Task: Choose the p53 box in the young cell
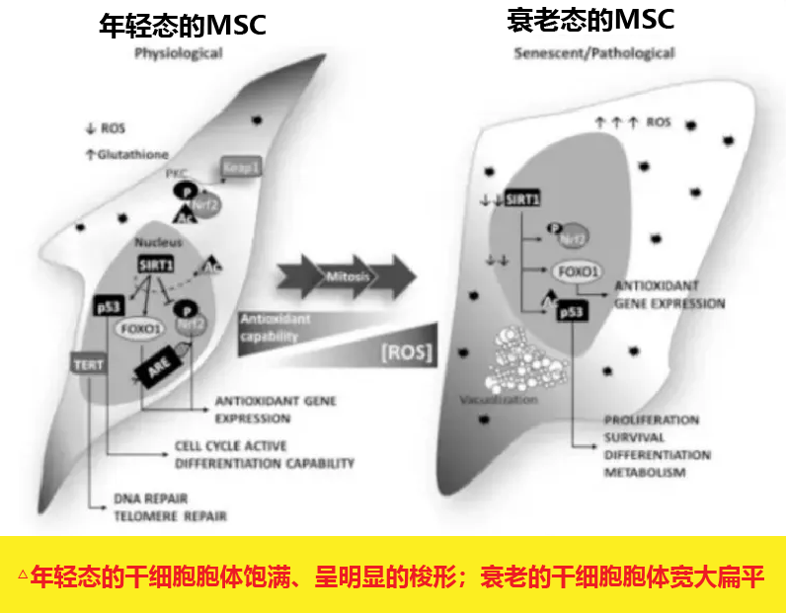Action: [x=108, y=307]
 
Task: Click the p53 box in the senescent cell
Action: [x=572, y=313]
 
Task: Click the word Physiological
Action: [x=179, y=54]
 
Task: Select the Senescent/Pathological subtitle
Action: [x=594, y=52]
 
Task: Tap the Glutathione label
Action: [x=132, y=154]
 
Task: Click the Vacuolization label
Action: [x=500, y=400]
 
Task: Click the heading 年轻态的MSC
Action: [x=184, y=24]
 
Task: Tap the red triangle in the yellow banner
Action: [x=22, y=575]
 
